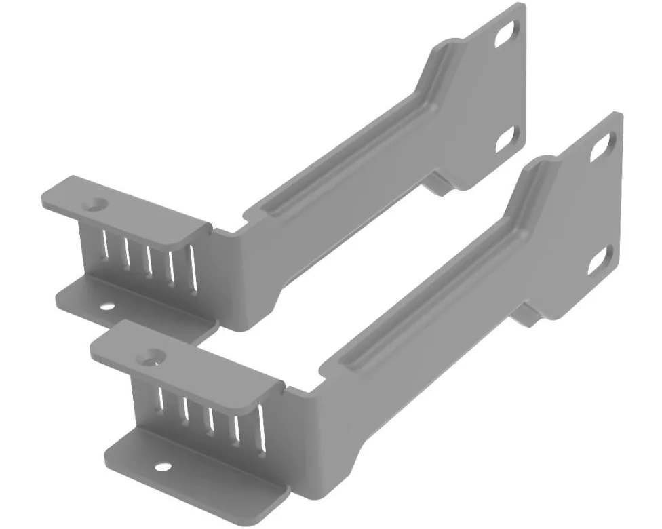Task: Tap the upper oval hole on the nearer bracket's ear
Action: [x=600, y=146]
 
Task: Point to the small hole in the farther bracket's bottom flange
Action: [x=106, y=306]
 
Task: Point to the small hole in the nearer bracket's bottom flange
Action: [x=161, y=467]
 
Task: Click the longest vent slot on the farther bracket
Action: [x=193, y=270]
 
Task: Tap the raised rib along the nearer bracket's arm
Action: [x=434, y=285]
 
